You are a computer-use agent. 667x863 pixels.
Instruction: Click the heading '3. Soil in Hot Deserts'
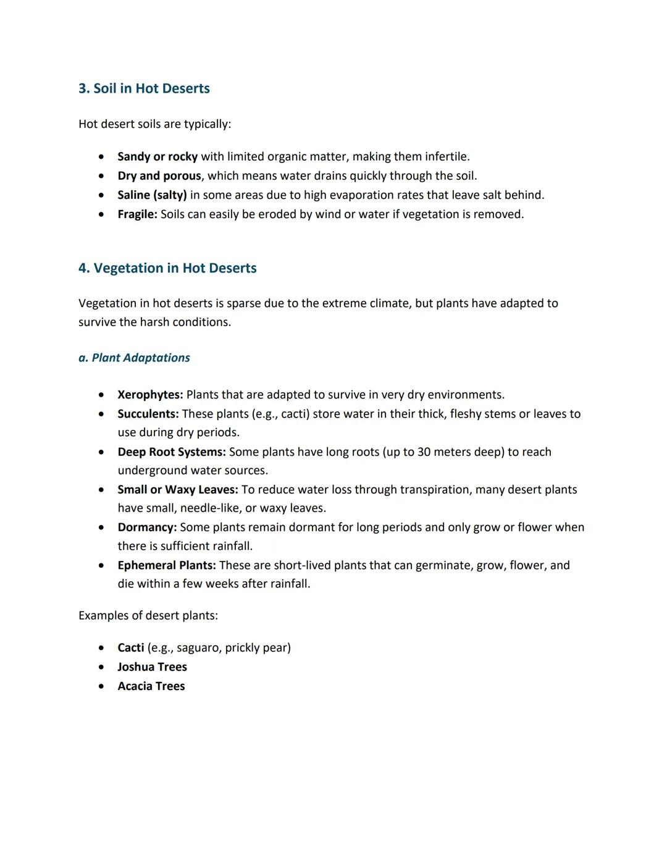(x=144, y=88)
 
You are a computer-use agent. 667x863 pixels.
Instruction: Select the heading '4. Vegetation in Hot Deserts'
(x=167, y=268)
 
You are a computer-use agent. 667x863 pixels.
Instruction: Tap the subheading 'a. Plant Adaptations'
(x=134, y=358)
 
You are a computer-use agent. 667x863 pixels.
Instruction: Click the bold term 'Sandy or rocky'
(x=157, y=157)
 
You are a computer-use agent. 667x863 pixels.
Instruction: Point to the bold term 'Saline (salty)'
(x=152, y=195)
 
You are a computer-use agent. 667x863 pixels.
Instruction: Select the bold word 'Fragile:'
(x=137, y=214)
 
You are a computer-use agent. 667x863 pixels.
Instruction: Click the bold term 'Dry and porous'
(x=159, y=176)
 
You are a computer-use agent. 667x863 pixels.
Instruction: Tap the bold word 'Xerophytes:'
(x=150, y=395)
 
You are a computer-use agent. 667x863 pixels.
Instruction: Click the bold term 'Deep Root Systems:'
(x=172, y=452)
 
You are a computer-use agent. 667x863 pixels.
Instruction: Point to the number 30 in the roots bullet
(x=424, y=452)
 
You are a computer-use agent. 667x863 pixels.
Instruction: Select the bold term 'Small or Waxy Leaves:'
(x=178, y=490)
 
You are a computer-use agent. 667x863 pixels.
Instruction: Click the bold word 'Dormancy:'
(x=147, y=528)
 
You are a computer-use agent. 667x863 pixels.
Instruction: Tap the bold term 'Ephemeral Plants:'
(x=167, y=565)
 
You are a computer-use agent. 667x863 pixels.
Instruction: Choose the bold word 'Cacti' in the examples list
(x=131, y=648)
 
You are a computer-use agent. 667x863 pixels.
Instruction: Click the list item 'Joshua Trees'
(x=152, y=667)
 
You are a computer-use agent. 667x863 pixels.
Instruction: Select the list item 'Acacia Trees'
(x=151, y=686)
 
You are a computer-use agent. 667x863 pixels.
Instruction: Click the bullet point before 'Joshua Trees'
(x=101, y=667)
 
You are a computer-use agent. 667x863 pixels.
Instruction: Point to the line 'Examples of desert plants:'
(x=148, y=616)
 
